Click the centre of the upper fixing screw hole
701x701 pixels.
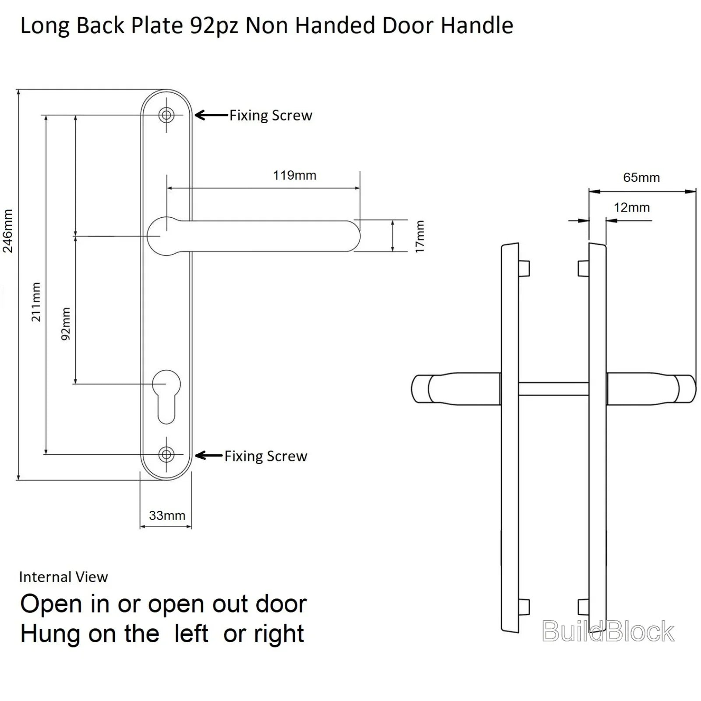click(x=166, y=115)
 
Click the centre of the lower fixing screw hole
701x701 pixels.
click(x=166, y=455)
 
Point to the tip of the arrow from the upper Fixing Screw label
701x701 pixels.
click(x=195, y=115)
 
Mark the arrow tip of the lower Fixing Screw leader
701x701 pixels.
click(x=195, y=456)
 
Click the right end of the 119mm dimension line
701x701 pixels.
click(x=360, y=188)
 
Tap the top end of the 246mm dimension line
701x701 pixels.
click(x=18, y=90)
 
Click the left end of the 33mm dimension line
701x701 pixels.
click(x=140, y=526)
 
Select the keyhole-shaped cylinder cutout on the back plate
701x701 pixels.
click(x=166, y=397)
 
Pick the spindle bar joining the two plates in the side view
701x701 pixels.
click(x=553, y=389)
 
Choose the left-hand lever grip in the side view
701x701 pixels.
click(x=456, y=389)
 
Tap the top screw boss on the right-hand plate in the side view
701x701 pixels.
click(x=583, y=268)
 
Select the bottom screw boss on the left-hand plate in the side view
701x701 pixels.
click(x=524, y=607)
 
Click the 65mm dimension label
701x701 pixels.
click(x=641, y=177)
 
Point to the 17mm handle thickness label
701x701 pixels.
click(x=420, y=236)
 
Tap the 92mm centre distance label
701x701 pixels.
click(x=65, y=324)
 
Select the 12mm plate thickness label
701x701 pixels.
click(x=631, y=207)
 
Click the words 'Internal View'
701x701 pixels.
click(x=64, y=577)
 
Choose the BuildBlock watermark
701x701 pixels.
click(x=608, y=631)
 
